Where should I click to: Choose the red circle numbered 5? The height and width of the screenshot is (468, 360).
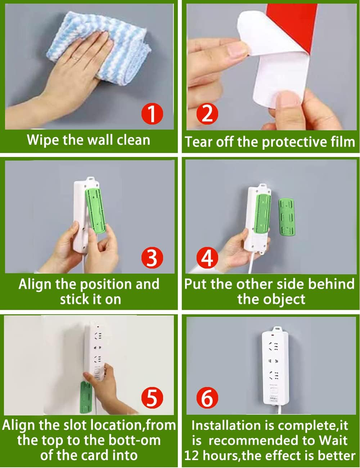(152, 398)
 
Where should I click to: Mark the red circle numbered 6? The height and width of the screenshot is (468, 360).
(207, 398)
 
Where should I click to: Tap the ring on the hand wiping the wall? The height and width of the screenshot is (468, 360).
(74, 58)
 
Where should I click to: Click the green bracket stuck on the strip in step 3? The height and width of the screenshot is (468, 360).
(95, 211)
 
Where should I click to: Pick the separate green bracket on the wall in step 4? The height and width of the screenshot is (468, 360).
(287, 218)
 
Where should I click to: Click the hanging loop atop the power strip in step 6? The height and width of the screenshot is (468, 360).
(276, 329)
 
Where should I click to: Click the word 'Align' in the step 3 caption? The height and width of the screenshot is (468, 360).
(35, 284)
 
